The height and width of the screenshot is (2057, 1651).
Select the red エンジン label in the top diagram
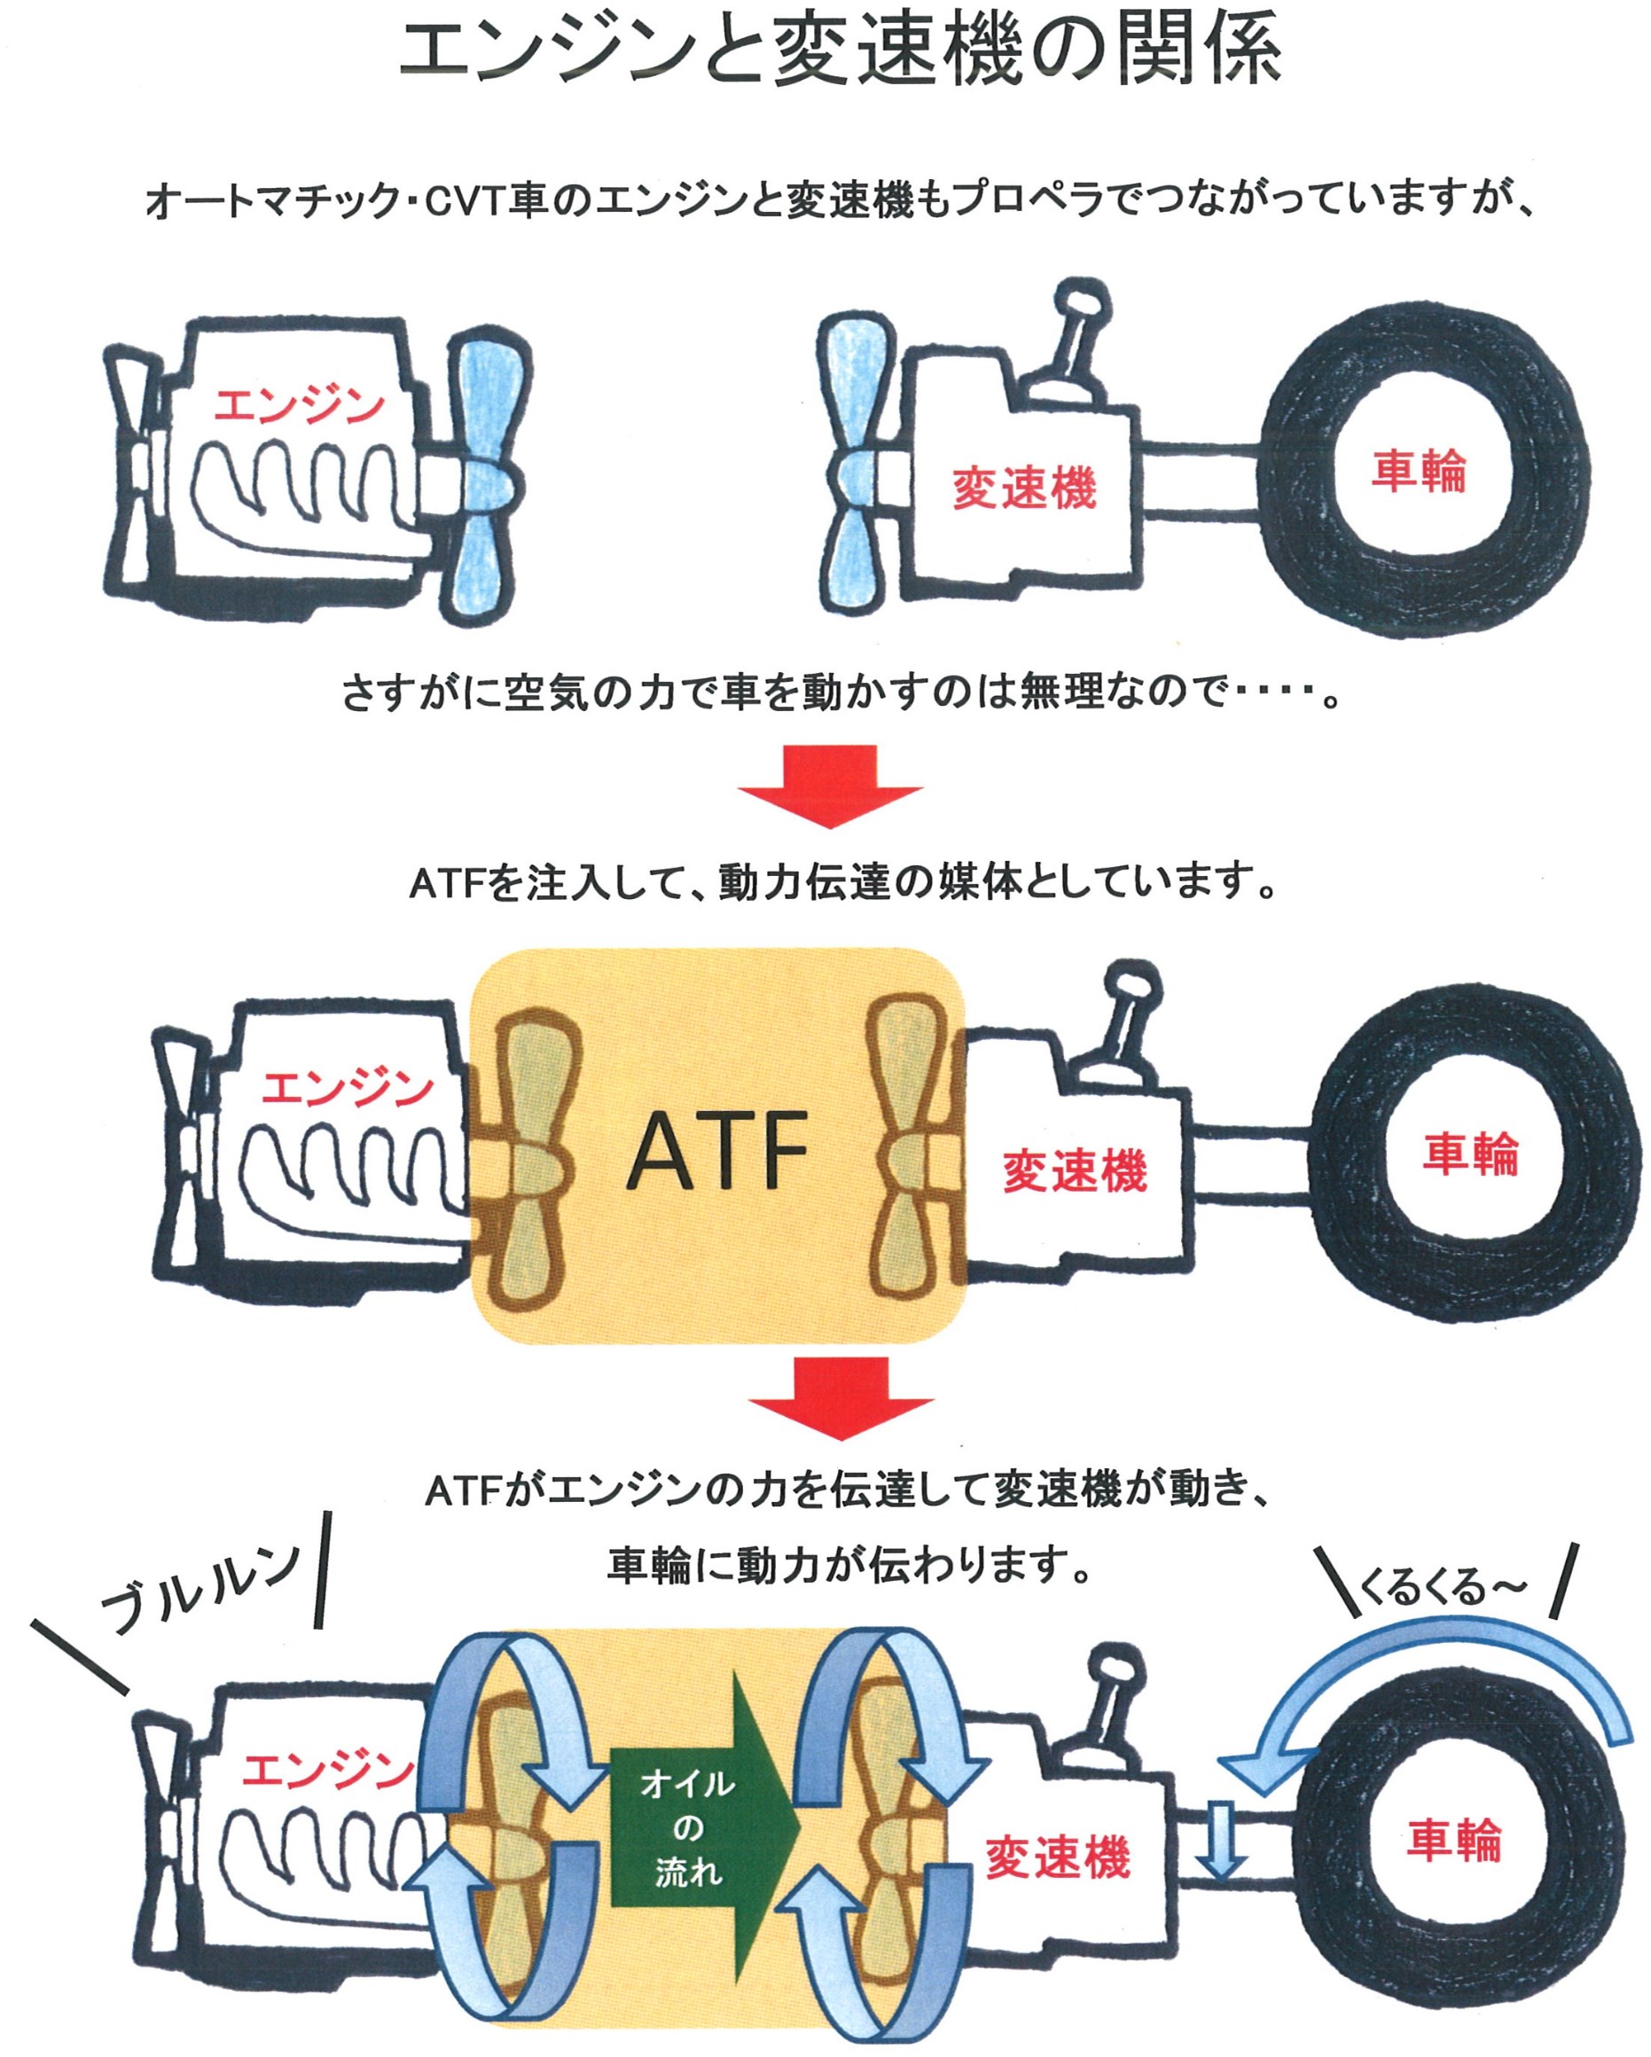[x=299, y=405]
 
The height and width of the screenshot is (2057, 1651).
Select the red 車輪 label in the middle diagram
[x=1470, y=1154]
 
